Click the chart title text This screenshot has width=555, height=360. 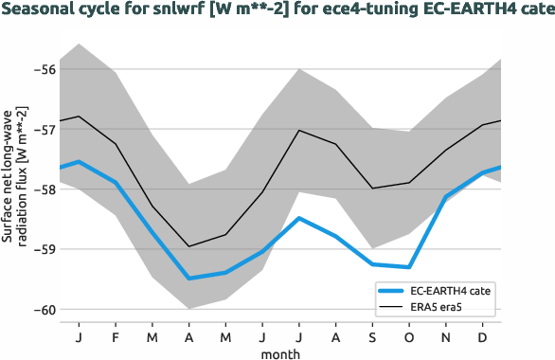pyautogui.click(x=277, y=12)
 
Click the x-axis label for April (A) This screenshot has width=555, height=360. pyautogui.click(x=188, y=337)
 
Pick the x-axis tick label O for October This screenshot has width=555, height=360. pyautogui.click(x=408, y=337)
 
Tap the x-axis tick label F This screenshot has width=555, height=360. pyautogui.click(x=115, y=337)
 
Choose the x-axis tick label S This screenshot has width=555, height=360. pyautogui.click(x=372, y=337)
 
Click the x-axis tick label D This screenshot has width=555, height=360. pyautogui.click(x=483, y=337)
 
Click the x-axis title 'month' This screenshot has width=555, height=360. pyautogui.click(x=281, y=352)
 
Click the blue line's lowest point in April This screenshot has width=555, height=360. pyautogui.click(x=188, y=279)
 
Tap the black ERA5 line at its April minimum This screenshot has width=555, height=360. pyautogui.click(x=188, y=246)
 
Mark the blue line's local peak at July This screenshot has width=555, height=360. pyautogui.click(x=299, y=218)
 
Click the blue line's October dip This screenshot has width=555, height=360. pyautogui.click(x=409, y=267)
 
